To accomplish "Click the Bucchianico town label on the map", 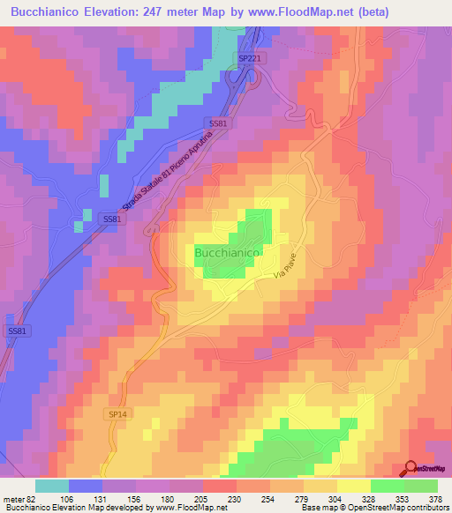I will [226, 253].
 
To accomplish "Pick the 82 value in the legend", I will [32, 498].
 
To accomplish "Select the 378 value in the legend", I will [435, 498].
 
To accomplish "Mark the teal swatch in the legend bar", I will [51, 486].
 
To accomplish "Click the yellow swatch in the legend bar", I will [353, 486].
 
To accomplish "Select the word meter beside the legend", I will [12, 498].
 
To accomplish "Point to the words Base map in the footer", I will [313, 508].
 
